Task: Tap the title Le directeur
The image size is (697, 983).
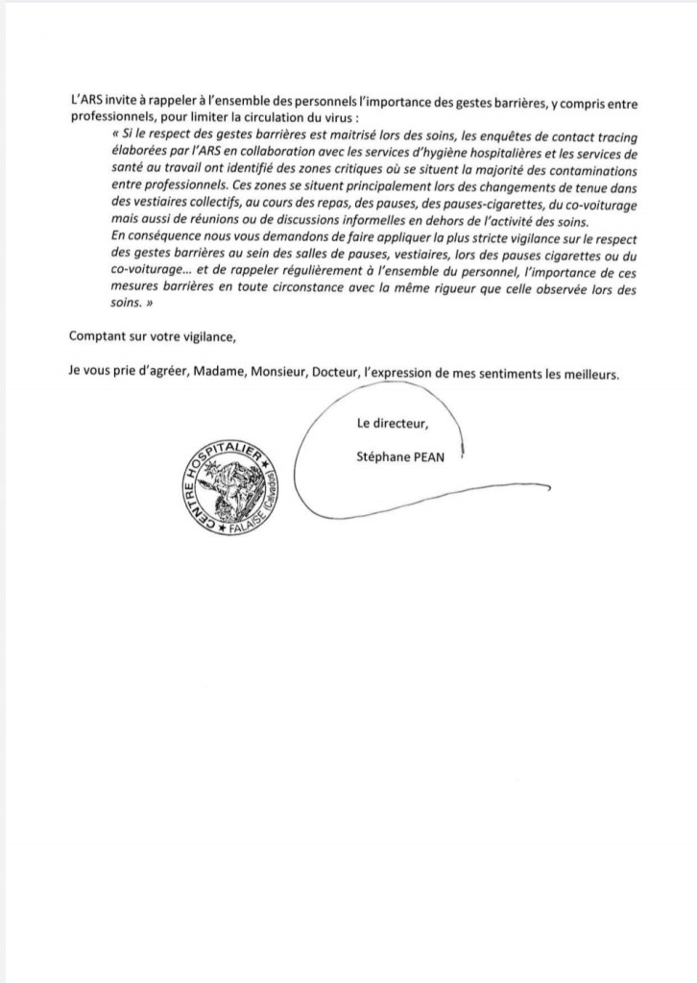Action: pyautogui.click(x=393, y=424)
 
